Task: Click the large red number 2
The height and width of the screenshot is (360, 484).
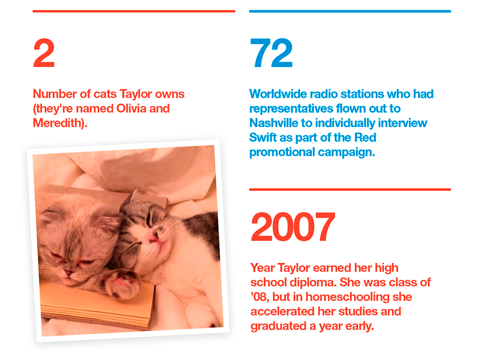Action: click(44, 54)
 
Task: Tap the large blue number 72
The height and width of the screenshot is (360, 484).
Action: click(271, 54)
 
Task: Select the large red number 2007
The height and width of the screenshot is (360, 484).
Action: click(293, 227)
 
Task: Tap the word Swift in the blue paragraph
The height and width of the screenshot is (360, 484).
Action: click(262, 138)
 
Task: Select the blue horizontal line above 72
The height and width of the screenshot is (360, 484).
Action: click(350, 11)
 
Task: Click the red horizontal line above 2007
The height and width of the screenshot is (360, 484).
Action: click(350, 189)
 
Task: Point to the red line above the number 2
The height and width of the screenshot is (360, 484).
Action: click(134, 11)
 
